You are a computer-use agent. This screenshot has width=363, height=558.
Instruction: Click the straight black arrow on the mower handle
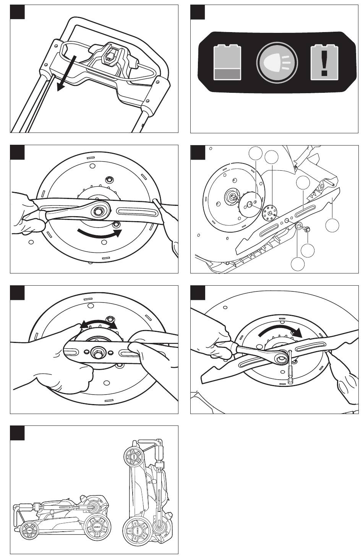pyautogui.click(x=67, y=73)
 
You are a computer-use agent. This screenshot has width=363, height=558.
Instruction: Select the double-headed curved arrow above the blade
pyautogui.click(x=98, y=324)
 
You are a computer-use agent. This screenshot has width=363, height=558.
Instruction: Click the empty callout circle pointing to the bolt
pyautogui.click(x=308, y=251)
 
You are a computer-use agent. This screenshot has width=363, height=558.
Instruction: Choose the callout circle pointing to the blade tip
pyautogui.click(x=332, y=225)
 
